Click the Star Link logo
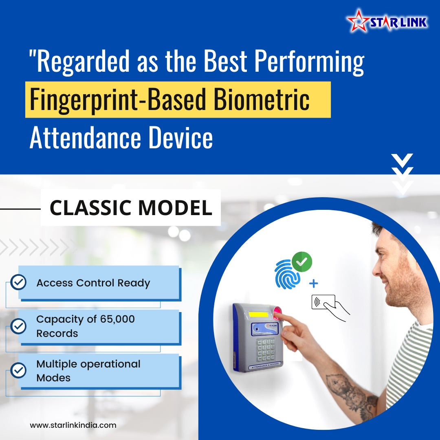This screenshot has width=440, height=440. tap(387, 22)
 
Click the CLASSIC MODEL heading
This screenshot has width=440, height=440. tap(131, 208)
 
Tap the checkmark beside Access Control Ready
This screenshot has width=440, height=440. tap(18, 282)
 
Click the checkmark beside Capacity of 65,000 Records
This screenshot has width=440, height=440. tap(18, 326)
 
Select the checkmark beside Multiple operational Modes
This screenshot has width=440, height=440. tap(18, 370)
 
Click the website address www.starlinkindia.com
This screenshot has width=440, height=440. tap(73, 425)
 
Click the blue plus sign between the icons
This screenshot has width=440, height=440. tap(314, 284)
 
